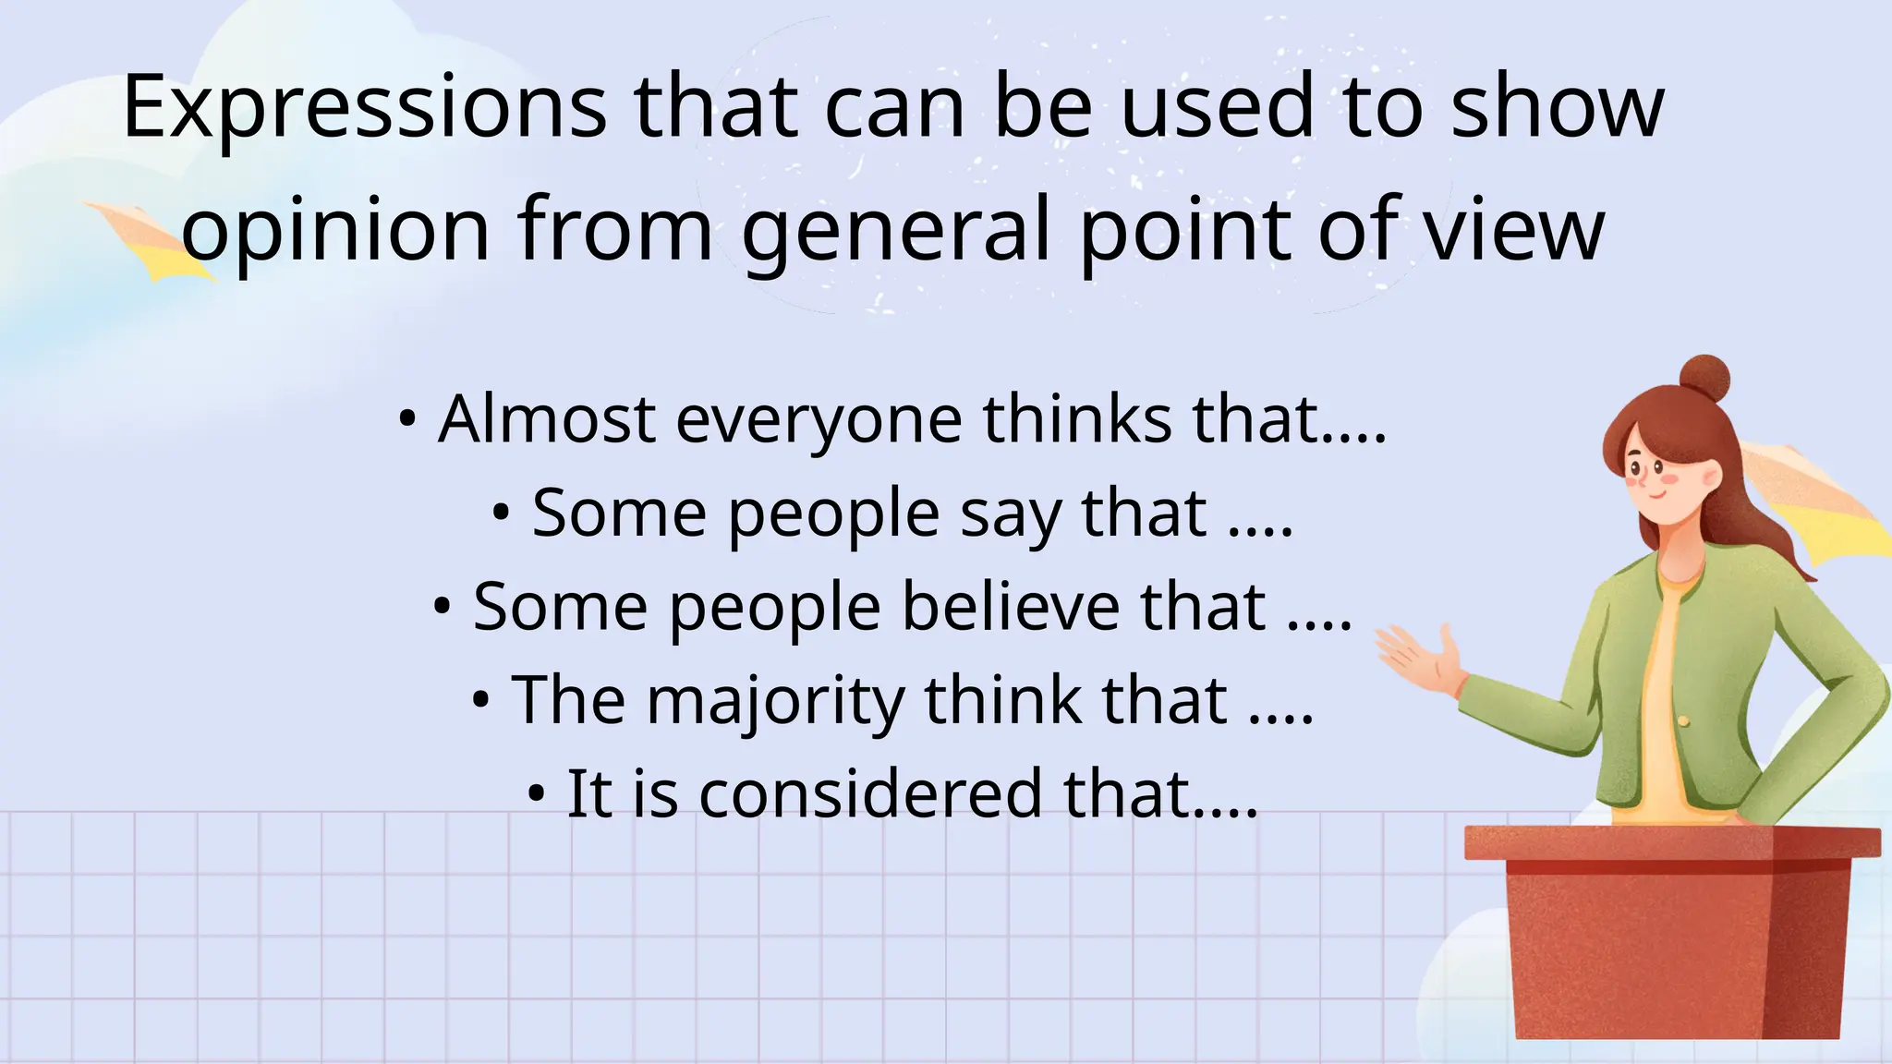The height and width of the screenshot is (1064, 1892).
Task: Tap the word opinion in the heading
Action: click(x=334, y=230)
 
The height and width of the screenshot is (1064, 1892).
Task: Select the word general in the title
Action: click(x=896, y=230)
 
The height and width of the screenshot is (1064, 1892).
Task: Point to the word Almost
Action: click(x=547, y=419)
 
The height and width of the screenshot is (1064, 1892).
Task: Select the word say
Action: click(x=1011, y=514)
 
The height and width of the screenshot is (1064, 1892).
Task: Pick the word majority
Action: click(x=775, y=702)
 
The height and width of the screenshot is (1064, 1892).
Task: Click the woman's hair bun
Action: click(x=1704, y=379)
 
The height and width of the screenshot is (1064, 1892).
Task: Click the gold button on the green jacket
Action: click(x=1683, y=720)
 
